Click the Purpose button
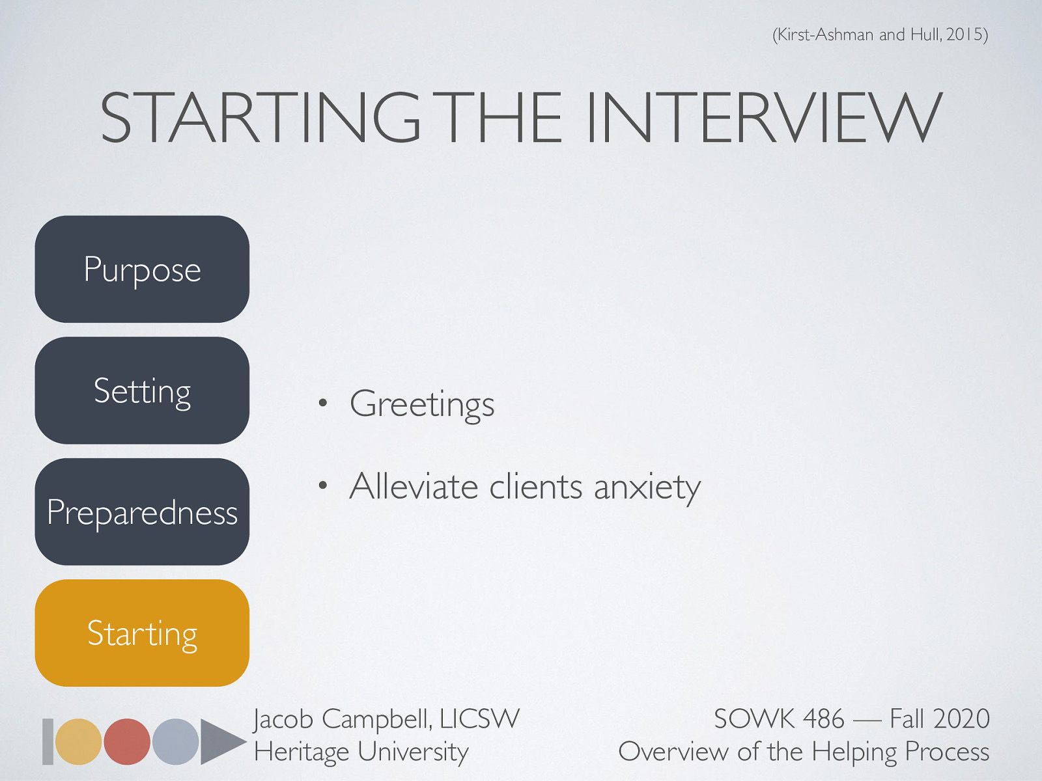[142, 269]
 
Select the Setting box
[142, 390]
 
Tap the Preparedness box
[142, 512]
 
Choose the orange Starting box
[142, 633]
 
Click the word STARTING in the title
[260, 118]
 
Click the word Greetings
[422, 404]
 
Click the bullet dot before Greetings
[322, 404]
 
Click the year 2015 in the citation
[965, 34]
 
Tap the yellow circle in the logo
[78, 741]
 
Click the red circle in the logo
[127, 741]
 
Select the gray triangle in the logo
[219, 741]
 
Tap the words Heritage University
[361, 752]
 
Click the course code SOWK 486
[779, 719]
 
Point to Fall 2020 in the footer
[939, 719]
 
